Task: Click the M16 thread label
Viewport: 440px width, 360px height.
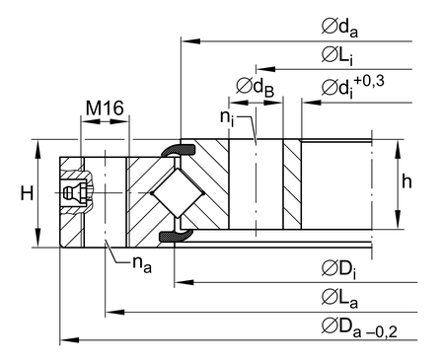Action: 105,108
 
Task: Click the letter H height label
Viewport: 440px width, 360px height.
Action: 27,193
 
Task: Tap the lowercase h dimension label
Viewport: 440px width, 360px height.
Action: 406,181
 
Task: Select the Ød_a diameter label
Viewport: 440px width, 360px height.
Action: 339,29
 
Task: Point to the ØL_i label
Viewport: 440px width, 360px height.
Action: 337,55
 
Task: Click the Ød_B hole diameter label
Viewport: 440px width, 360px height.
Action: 256,88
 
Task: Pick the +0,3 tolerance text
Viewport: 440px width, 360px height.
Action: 369,82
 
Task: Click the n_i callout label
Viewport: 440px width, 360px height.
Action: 228,118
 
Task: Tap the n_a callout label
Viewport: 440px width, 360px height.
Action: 142,264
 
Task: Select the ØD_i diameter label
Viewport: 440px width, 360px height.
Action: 338,269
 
